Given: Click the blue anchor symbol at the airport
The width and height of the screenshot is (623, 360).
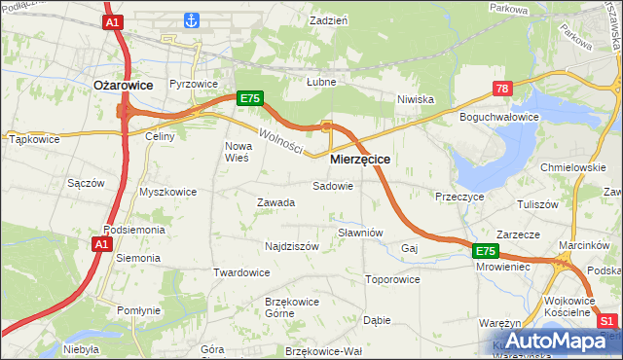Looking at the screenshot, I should point(192,19).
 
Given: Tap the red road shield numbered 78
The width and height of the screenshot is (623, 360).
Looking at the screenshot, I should point(502,89).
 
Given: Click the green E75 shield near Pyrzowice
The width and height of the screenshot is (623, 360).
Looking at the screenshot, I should point(249,98).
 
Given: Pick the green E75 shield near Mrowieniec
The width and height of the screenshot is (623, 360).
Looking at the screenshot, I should point(488,251).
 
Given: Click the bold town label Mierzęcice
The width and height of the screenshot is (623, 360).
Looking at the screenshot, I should point(360,159).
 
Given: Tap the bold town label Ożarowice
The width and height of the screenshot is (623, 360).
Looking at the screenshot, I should point(123,86).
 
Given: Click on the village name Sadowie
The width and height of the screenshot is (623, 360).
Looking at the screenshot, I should point(332,185).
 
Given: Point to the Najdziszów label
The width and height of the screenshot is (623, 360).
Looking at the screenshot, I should point(292,246).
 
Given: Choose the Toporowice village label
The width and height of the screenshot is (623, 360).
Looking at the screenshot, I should point(392,279).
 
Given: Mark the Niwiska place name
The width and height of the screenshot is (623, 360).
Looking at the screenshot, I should point(415,99).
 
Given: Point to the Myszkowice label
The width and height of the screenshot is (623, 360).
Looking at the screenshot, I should point(167,192).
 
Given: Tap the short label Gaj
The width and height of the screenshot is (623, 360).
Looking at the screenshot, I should point(409,249).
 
